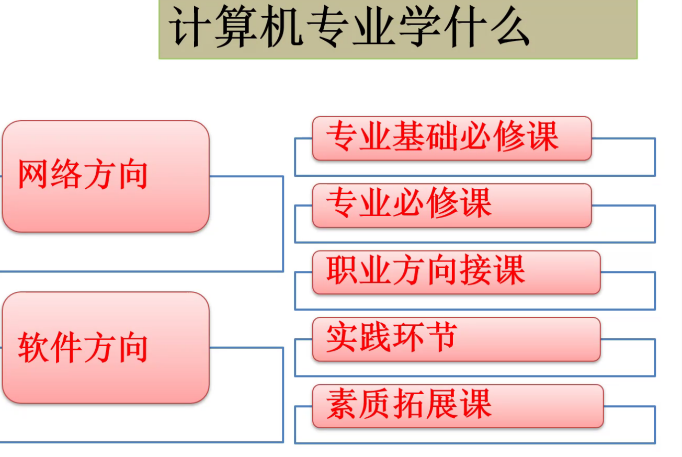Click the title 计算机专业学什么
pos(349,27)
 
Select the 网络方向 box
pos(106,176)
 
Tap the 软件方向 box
pos(106,348)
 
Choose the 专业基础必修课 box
pos(452,138)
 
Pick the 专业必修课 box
pos(452,205)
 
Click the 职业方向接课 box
pos(457,272)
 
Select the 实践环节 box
pos(457,339)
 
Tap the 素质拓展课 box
pos(458,406)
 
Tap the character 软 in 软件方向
pos(33,347)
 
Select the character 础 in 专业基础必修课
pos(442,136)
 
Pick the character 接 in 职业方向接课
pos(475,270)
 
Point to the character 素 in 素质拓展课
pos(341,404)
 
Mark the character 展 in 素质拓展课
pos(442,404)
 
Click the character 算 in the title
pos(235,27)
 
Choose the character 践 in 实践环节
pos(375,337)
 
